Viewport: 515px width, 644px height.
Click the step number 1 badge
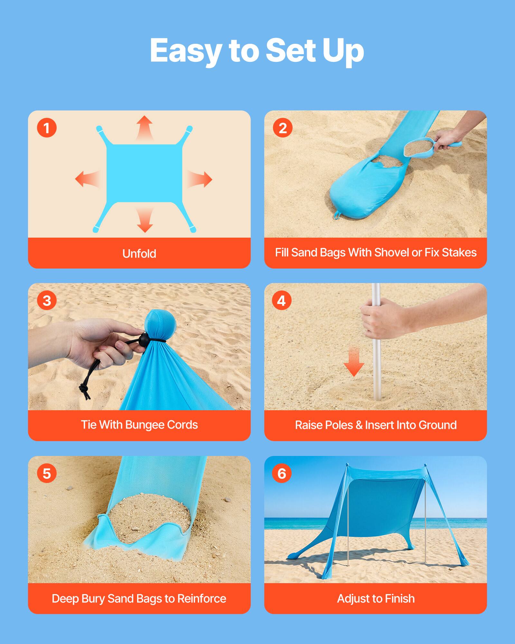pyautogui.click(x=47, y=128)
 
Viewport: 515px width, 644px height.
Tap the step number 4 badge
pyautogui.click(x=282, y=301)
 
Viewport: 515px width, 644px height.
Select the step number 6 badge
pyautogui.click(x=282, y=473)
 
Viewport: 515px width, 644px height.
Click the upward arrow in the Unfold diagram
pyautogui.click(x=144, y=127)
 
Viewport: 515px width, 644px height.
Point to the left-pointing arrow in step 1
pyautogui.click(x=86, y=179)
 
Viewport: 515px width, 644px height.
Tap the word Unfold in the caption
pyautogui.click(x=139, y=254)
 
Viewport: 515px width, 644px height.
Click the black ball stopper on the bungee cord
pyautogui.click(x=145, y=339)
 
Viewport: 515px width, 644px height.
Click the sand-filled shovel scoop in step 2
pyautogui.click(x=417, y=149)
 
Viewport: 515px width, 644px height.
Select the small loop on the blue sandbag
pyautogui.click(x=337, y=215)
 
